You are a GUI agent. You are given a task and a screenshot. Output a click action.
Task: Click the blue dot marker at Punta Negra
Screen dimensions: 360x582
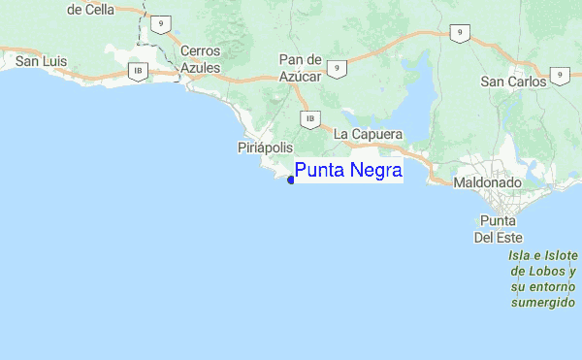pos(291,180)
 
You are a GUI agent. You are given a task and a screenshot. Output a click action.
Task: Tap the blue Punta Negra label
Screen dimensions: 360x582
pos(347,172)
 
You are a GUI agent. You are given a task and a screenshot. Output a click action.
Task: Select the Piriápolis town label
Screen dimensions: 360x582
pos(265,147)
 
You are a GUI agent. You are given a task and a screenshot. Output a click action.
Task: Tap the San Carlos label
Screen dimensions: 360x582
pos(512,82)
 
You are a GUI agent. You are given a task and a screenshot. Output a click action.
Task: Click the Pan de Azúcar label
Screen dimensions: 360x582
pos(299,67)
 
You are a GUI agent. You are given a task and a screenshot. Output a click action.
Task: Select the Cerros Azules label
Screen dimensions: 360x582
pos(201,60)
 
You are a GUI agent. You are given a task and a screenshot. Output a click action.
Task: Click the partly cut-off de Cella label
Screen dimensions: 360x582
pos(90,9)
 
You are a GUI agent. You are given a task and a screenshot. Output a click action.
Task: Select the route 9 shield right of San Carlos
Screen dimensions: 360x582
pos(559,75)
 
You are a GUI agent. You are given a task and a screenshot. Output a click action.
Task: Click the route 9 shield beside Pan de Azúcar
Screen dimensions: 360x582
pos(337,68)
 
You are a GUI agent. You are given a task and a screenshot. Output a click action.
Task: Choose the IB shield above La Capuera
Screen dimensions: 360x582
pos(309,119)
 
